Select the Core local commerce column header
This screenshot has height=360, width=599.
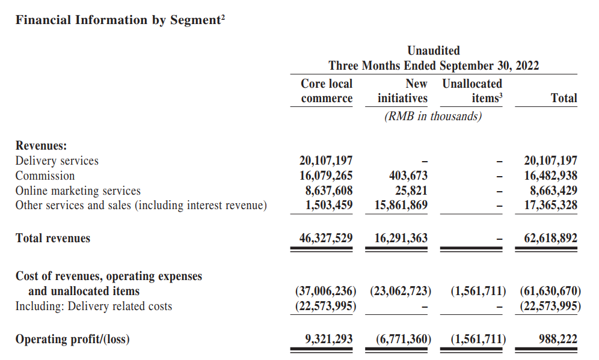coord(327,91)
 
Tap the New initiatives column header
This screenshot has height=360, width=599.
coord(403,91)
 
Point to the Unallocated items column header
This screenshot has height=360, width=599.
coord(472,91)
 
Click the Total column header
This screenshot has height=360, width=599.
coord(564,98)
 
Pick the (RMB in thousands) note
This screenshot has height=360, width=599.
coord(433,116)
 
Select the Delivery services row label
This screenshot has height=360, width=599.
coord(57,160)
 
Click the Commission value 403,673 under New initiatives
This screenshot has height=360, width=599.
coord(408,175)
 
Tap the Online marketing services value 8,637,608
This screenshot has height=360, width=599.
coord(329,191)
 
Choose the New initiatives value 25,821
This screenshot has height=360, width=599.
coord(411,191)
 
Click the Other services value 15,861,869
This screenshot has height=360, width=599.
coord(401,205)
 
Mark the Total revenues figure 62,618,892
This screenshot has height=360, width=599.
coord(551,238)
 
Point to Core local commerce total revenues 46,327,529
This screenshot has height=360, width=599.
coord(326,238)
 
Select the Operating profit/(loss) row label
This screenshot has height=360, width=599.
coord(73,340)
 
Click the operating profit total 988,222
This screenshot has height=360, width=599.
coord(558,339)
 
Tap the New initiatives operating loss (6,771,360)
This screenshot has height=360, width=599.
coord(404,339)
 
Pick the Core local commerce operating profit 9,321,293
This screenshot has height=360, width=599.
coord(329,339)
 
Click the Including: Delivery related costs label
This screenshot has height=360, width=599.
coord(94,306)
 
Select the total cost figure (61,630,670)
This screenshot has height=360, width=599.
coord(550,291)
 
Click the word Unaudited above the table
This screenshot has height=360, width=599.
coord(434,50)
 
